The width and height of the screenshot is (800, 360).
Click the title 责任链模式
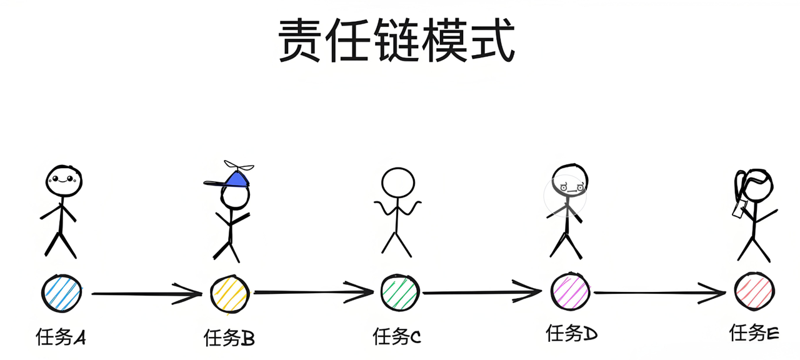click(x=397, y=40)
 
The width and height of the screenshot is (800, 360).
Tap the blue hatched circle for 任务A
click(x=61, y=292)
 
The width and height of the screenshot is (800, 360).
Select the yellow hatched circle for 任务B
click(x=229, y=294)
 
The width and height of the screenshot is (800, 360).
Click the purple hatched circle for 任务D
click(x=571, y=291)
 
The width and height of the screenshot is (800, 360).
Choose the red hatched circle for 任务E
click(x=755, y=291)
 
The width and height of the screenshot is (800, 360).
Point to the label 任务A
click(x=61, y=338)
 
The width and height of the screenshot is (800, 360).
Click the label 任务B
click(x=229, y=338)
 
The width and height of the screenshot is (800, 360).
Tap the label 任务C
click(x=397, y=337)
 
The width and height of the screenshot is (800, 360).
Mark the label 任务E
click(x=754, y=332)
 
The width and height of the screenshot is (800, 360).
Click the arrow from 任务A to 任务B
click(x=147, y=293)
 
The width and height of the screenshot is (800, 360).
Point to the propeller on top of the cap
click(x=239, y=167)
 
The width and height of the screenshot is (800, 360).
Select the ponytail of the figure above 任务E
click(x=739, y=187)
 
